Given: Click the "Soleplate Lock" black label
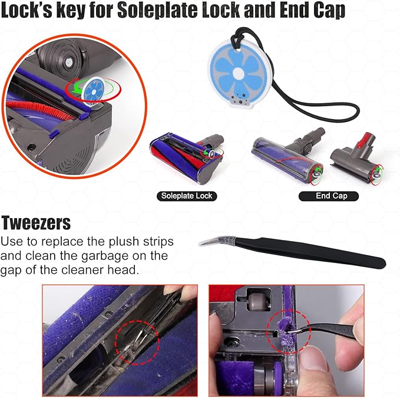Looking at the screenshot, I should coord(187,196).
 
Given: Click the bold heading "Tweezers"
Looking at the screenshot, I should coord(37,223).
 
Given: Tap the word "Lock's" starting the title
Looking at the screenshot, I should coord(30,11).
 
